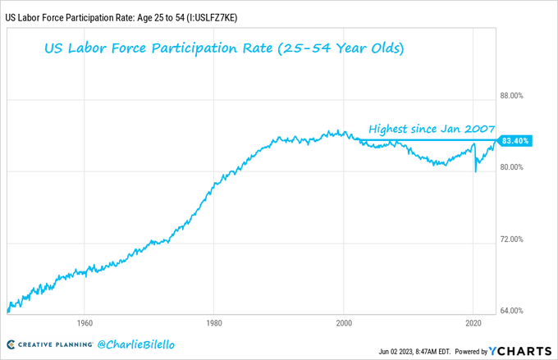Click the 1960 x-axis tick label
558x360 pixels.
(83, 322)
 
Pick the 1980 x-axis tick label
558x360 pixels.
(213, 322)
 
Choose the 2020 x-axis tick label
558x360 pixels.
(474, 322)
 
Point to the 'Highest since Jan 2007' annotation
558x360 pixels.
(432, 129)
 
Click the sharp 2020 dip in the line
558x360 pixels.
(476, 169)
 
